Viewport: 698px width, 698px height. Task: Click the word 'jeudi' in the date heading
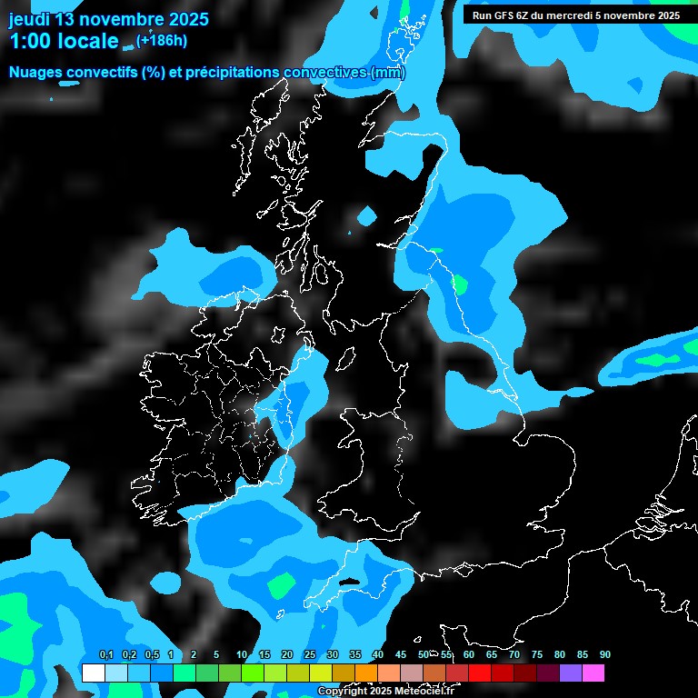pos(29,18)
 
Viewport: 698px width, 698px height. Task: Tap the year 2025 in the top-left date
pos(188,18)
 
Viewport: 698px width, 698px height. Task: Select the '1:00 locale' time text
pos(64,41)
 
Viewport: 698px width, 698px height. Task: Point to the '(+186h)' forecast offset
pos(162,40)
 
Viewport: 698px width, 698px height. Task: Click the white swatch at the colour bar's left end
pos(93,673)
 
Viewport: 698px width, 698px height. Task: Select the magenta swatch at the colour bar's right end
pos(593,673)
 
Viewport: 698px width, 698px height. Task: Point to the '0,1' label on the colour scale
pos(105,654)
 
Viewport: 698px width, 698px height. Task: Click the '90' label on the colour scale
pos(605,654)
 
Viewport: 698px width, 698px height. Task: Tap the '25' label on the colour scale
pos(310,654)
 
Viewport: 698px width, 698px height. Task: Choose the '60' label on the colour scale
pos(469,654)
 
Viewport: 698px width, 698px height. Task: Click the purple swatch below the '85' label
pos(571,673)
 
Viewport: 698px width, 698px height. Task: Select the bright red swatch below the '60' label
pos(480,673)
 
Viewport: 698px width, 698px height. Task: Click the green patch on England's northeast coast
pos(461,284)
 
